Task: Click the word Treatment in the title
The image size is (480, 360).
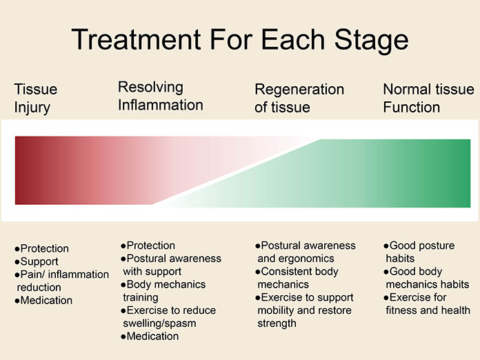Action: point(136,39)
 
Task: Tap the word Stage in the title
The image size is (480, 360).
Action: point(371,41)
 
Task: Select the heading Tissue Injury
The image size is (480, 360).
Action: point(35,98)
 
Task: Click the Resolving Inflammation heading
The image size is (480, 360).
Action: point(161,96)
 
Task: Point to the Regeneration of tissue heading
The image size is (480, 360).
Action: point(299,98)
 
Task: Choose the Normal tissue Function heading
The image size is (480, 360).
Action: point(428,98)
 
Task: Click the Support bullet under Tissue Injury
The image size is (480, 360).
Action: point(37,261)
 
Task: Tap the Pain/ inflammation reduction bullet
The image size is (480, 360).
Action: point(61,281)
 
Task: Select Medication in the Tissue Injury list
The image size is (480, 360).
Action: point(43,300)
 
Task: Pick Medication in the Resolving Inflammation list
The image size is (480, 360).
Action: point(150,336)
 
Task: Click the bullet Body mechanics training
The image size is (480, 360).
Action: point(163,291)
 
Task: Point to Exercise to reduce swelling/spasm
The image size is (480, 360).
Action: point(168,317)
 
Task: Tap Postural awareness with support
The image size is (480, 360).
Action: point(171,265)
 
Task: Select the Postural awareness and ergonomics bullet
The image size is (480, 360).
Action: point(306,252)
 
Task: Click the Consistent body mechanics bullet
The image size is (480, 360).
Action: point(297,278)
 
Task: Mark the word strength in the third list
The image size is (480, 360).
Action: point(277,323)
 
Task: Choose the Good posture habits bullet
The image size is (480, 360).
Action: point(419,252)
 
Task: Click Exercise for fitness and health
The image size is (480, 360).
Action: point(427,303)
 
